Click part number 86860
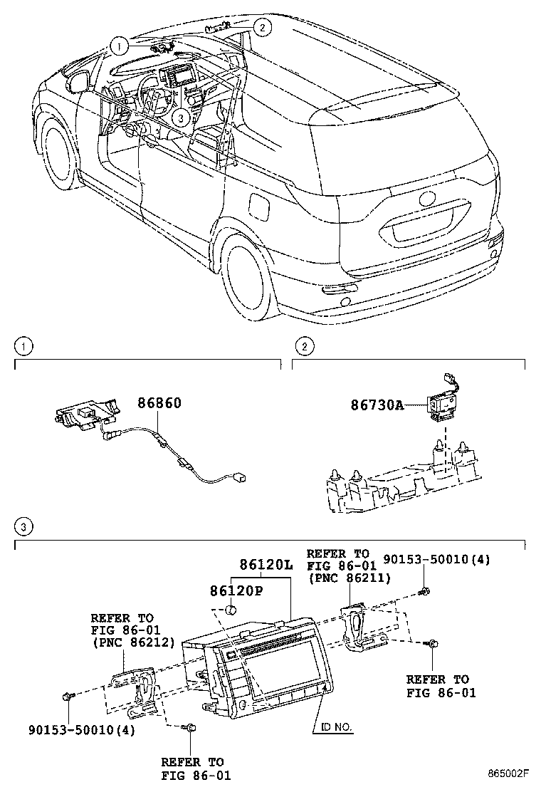(x=159, y=403)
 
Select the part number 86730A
(x=377, y=405)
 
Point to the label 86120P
(x=236, y=590)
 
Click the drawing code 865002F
(x=509, y=773)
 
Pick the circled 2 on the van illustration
(x=263, y=28)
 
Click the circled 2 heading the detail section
(x=305, y=348)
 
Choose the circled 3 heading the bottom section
(x=24, y=528)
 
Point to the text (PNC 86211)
(x=348, y=578)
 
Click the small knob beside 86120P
(x=231, y=610)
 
